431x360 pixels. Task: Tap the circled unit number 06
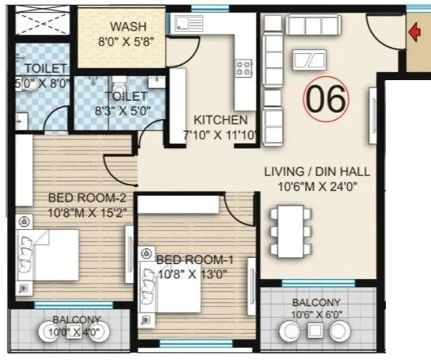326,99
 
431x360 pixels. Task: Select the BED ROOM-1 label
194,259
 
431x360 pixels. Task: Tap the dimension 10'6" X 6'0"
316,316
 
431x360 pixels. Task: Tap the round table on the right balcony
315,331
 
